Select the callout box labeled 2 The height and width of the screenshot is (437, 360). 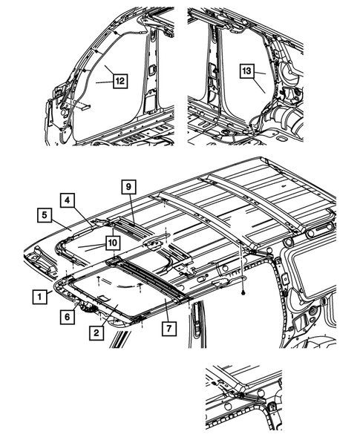pyautogui.click(x=96, y=333)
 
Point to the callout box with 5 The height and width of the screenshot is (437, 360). pyautogui.click(x=45, y=215)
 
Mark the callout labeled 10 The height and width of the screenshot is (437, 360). pyautogui.click(x=111, y=242)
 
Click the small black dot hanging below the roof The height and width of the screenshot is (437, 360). pyautogui.click(x=242, y=293)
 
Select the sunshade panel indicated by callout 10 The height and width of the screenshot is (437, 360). pyautogui.click(x=85, y=249)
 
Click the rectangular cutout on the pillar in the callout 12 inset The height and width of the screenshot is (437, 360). pyautogui.click(x=151, y=70)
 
